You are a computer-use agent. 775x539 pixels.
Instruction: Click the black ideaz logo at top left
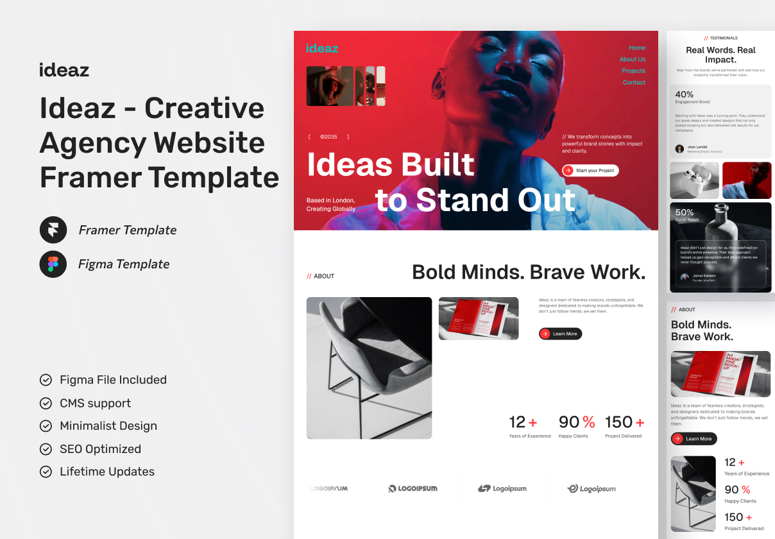pos(64,69)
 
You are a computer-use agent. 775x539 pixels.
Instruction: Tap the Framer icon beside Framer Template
pos(53,230)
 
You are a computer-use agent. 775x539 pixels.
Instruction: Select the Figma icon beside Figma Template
pos(53,264)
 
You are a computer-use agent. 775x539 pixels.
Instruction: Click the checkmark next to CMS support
pos(46,403)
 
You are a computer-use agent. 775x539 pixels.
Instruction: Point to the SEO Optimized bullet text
pos(100,449)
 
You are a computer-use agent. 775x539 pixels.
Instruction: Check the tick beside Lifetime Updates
pos(46,472)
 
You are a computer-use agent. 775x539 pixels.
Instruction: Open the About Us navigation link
pos(632,60)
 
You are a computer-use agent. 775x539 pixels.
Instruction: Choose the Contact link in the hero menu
pos(634,83)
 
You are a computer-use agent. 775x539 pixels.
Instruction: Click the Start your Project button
pos(590,170)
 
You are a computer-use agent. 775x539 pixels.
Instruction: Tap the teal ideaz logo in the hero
pos(322,48)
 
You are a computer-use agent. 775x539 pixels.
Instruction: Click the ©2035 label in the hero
pos(328,137)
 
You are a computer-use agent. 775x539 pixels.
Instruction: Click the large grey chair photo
pos(369,368)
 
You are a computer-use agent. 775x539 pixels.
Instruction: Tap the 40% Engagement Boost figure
pos(685,94)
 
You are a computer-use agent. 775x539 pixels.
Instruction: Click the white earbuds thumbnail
pos(694,180)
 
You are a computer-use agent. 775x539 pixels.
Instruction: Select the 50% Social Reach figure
pos(685,212)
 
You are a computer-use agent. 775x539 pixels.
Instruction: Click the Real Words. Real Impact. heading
pos(720,55)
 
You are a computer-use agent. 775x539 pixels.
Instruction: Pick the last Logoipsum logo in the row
pos(592,488)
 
